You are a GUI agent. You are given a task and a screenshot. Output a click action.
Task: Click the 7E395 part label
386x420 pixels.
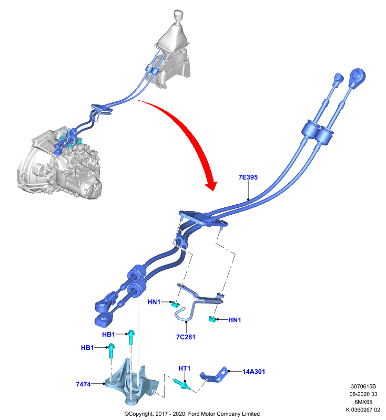(x=248, y=177)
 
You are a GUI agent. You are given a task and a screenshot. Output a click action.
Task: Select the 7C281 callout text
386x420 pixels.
(x=186, y=337)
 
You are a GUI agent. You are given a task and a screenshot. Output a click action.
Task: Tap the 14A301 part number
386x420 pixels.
(x=253, y=372)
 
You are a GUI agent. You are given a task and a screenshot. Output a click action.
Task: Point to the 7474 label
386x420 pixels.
(x=83, y=384)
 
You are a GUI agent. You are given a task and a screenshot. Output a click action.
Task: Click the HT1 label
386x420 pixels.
(x=184, y=369)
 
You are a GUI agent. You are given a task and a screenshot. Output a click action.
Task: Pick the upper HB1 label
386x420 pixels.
(x=108, y=334)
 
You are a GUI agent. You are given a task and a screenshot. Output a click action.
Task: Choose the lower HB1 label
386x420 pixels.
(x=87, y=348)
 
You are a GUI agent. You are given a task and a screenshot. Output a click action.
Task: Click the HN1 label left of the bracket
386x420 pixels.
(x=154, y=302)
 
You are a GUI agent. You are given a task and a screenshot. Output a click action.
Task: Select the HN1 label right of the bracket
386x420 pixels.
(x=235, y=320)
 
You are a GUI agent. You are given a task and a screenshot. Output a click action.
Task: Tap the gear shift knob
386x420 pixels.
(x=178, y=15)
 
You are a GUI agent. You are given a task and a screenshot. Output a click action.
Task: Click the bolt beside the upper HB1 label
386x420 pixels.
(x=131, y=338)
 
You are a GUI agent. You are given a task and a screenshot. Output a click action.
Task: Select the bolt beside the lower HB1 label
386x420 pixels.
(x=111, y=351)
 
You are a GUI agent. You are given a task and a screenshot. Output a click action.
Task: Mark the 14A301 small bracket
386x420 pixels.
(x=214, y=374)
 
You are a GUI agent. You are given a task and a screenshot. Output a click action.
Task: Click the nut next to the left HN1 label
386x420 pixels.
(x=176, y=304)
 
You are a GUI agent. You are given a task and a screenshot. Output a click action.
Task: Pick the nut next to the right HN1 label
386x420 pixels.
(x=212, y=319)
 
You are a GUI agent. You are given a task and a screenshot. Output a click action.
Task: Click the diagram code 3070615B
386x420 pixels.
(x=363, y=386)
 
